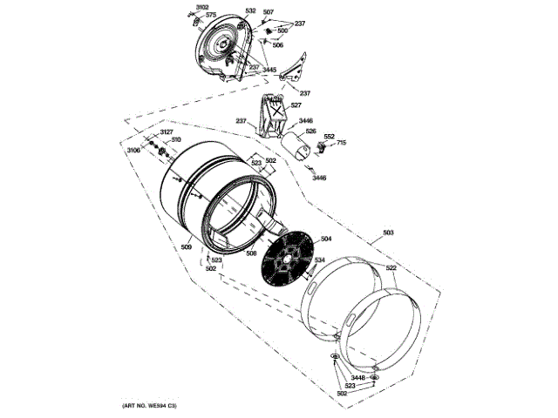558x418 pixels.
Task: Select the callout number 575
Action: pos(211,16)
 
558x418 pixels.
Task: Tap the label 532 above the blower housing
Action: pos(250,11)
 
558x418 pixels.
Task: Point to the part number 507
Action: pos(269,12)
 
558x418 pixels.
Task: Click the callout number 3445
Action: pos(271,69)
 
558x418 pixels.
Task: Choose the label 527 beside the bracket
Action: pos(296,105)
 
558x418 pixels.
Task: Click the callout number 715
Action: pos(342,142)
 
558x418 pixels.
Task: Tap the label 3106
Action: pos(133,151)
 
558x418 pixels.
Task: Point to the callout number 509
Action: pos(187,247)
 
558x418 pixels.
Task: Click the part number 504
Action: pos(326,239)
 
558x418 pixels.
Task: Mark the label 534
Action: pos(320,260)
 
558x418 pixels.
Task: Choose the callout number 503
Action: pos(388,233)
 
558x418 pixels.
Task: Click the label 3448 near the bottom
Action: pos(357,377)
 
